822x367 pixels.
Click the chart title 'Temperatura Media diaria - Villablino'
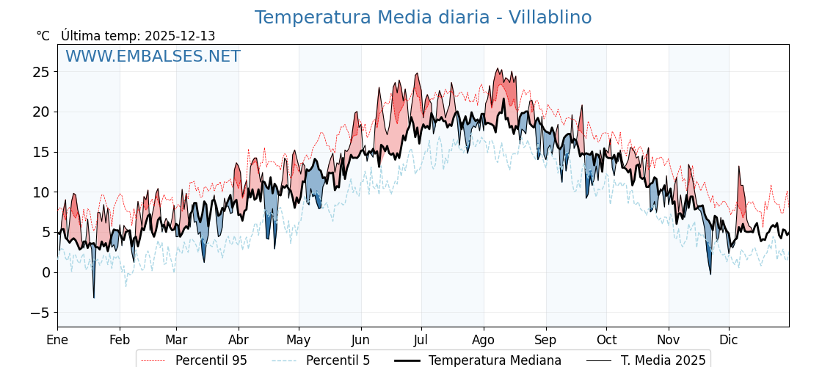pyautogui.click(x=423, y=18)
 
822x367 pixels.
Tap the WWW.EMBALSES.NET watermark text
pyautogui.click(x=153, y=57)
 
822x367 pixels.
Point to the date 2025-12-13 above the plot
pyautogui.click(x=180, y=36)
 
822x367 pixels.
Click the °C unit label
pyautogui.click(x=43, y=36)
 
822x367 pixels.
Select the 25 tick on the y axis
pyautogui.click(x=40, y=72)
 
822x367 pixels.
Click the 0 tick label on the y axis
pyautogui.click(x=46, y=272)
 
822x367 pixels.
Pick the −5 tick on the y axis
pyautogui.click(x=40, y=313)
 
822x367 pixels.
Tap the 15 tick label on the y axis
pyautogui.click(x=40, y=152)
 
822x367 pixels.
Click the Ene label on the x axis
pyautogui.click(x=57, y=340)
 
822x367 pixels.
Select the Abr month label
pyautogui.click(x=239, y=340)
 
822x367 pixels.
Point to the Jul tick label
pyautogui.click(x=421, y=340)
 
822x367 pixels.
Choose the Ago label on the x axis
pyautogui.click(x=484, y=340)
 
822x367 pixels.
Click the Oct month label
pyautogui.click(x=606, y=340)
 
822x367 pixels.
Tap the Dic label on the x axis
pyautogui.click(x=729, y=340)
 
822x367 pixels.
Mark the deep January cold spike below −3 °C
pyautogui.click(x=93, y=297)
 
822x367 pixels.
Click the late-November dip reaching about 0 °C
pyautogui.click(x=710, y=274)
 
